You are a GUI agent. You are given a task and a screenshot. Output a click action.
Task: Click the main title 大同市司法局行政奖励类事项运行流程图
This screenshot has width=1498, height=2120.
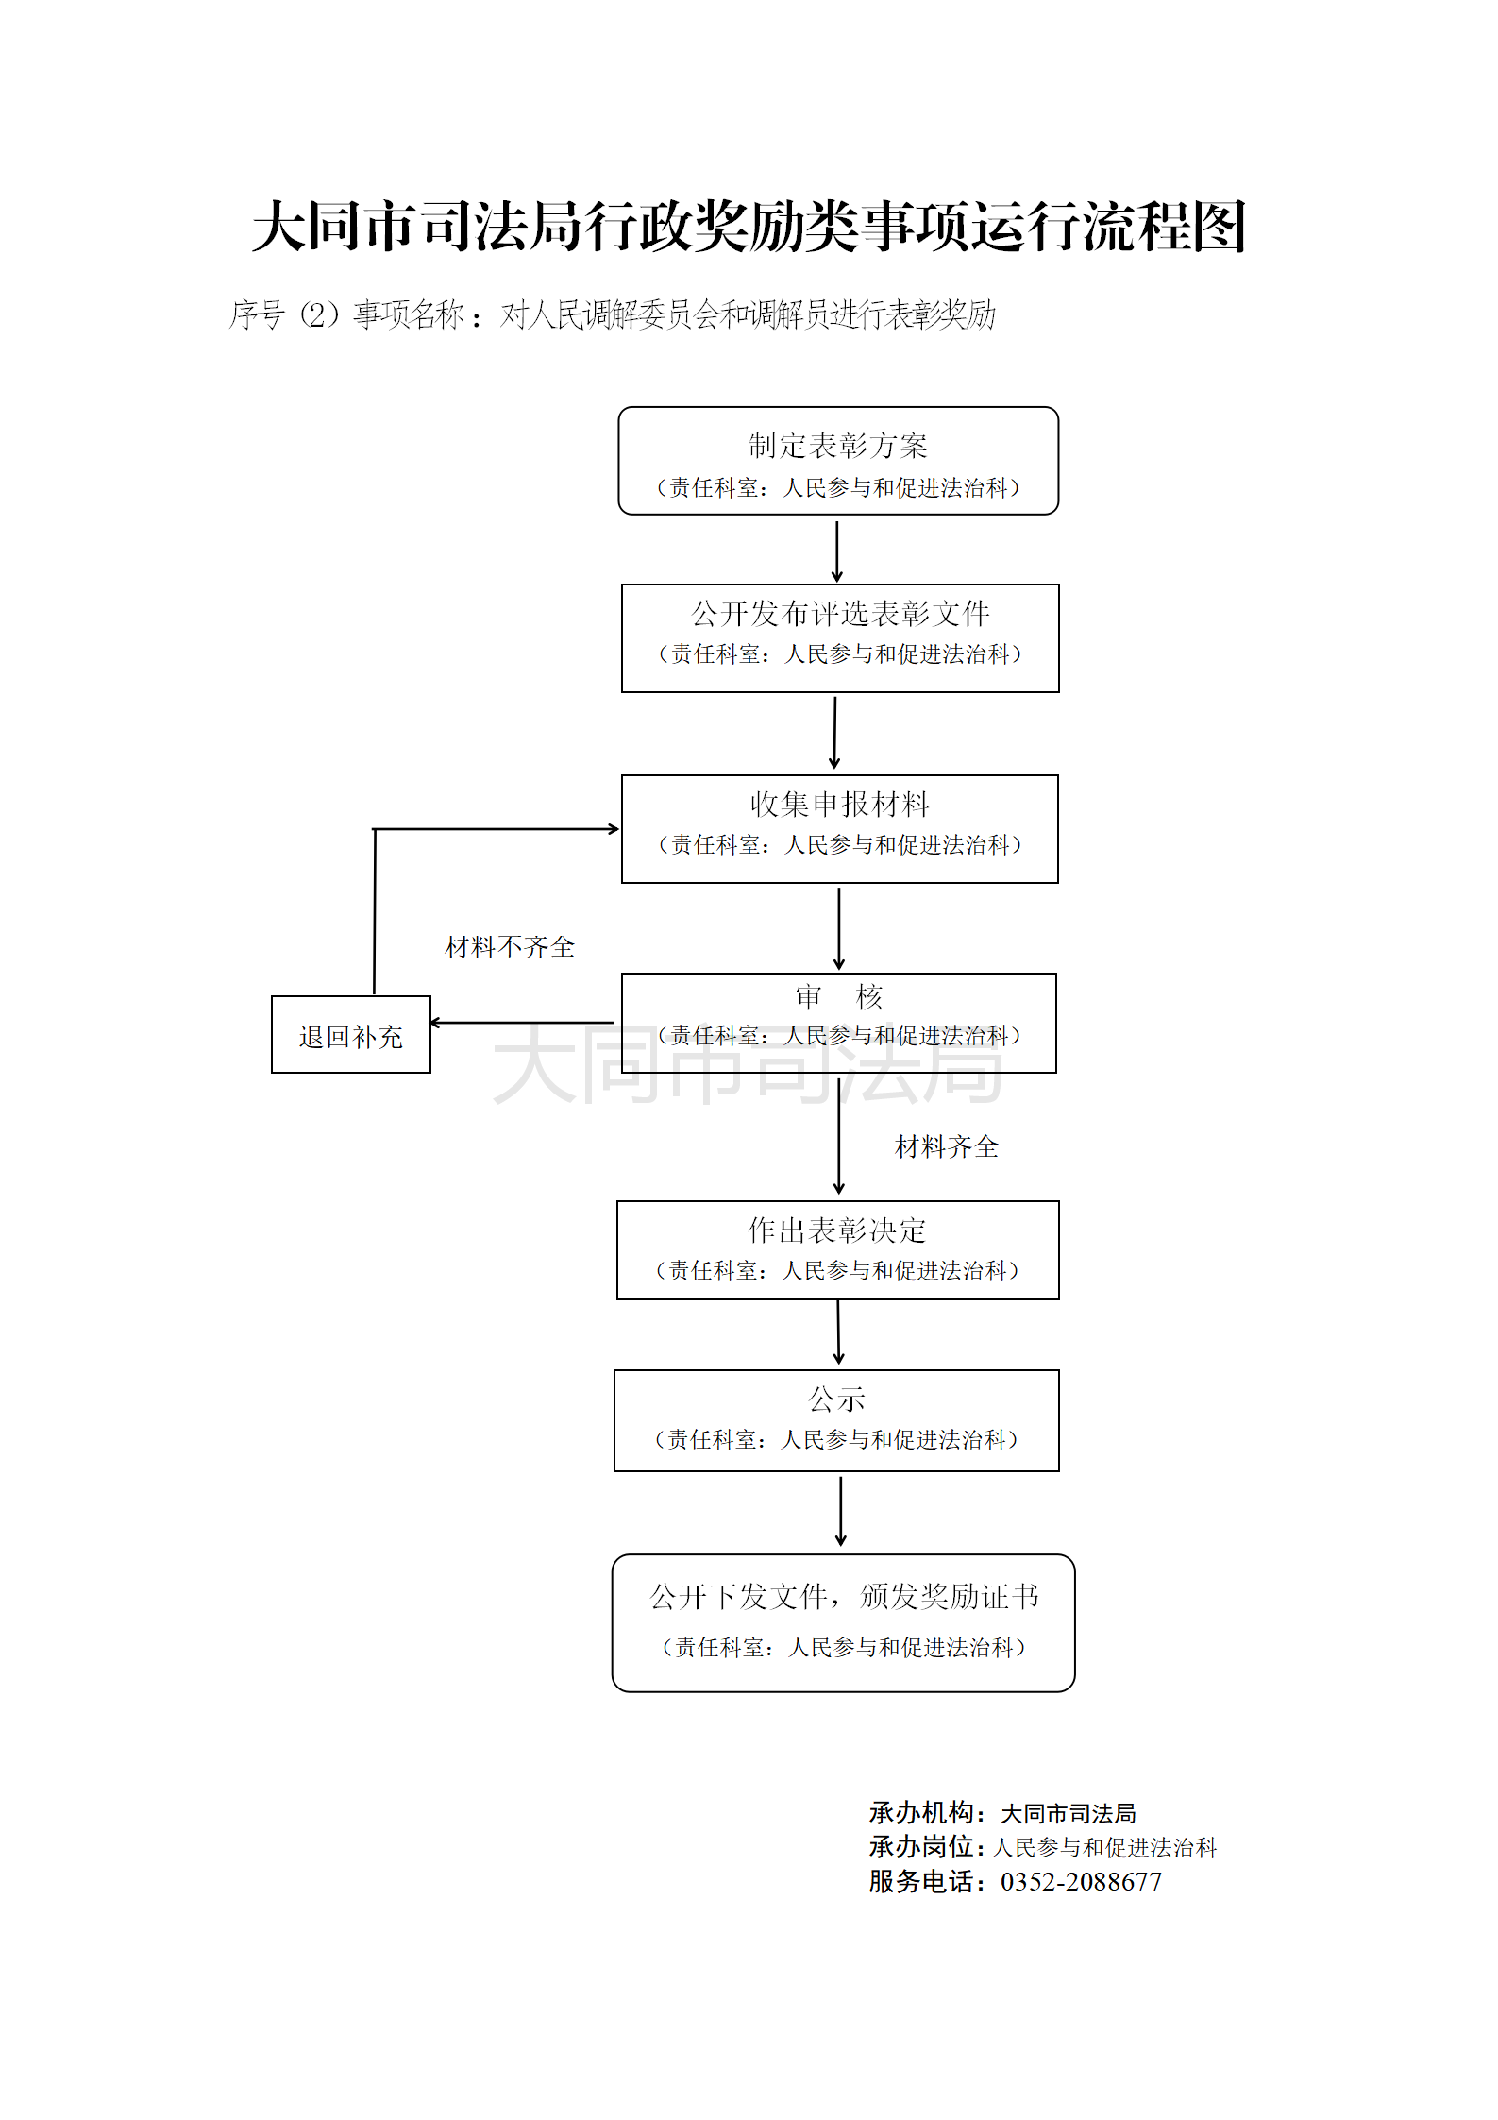[749, 228]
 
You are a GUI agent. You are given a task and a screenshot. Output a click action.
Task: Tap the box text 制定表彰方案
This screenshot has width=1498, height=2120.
[838, 445]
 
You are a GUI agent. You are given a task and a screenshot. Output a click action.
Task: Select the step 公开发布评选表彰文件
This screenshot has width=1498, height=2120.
[839, 614]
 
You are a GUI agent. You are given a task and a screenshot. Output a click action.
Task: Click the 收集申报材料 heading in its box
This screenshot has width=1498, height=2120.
[839, 804]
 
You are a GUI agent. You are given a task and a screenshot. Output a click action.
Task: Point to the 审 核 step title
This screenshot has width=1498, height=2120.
[838, 996]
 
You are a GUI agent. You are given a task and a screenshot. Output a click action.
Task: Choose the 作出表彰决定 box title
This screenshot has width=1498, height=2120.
[837, 1230]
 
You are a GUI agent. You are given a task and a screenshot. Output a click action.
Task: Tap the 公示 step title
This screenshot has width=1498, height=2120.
[836, 1399]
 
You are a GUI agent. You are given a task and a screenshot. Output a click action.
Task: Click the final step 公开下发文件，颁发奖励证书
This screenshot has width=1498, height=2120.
[844, 1596]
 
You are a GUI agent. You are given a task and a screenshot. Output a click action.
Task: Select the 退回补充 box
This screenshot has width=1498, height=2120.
[350, 1036]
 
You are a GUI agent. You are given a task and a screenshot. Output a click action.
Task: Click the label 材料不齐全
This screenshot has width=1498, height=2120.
[510, 946]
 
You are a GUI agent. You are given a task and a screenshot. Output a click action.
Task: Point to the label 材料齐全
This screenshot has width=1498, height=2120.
[946, 1146]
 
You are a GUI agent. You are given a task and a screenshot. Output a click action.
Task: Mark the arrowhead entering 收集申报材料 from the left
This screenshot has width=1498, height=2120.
[613, 829]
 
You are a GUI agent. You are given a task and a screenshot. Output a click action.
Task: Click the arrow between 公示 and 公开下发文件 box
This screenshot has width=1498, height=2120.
[840, 1511]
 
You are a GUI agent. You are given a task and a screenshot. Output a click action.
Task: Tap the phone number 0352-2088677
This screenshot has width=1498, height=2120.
[1081, 1881]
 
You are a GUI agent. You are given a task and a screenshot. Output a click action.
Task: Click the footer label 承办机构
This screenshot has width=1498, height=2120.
[921, 1812]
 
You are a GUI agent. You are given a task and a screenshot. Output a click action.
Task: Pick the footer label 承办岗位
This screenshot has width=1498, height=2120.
[921, 1846]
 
